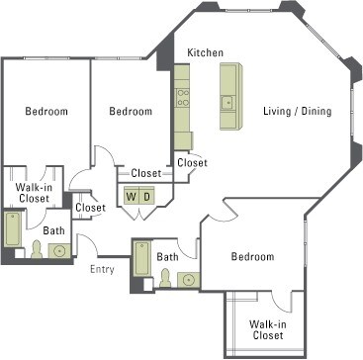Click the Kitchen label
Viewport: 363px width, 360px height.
tap(205, 52)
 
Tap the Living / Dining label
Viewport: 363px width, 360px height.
tap(297, 111)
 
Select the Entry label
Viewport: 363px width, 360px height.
tap(102, 270)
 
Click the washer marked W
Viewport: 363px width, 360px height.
tap(132, 196)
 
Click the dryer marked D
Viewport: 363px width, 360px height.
tap(146, 196)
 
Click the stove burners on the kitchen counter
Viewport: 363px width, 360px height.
tap(182, 98)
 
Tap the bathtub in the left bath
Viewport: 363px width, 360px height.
tap(13, 229)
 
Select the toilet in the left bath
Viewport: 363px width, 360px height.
tap(37, 249)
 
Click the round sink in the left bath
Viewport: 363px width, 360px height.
tap(59, 251)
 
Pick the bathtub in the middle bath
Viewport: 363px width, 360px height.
tap(142, 258)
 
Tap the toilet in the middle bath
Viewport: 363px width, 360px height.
tap(165, 278)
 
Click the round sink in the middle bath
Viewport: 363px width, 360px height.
tap(189, 280)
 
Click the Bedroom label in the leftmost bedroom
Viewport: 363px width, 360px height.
tap(46, 111)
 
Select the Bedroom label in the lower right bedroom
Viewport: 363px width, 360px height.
tap(252, 256)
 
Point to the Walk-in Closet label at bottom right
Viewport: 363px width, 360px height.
tap(268, 329)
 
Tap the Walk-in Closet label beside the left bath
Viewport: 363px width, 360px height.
tap(35, 193)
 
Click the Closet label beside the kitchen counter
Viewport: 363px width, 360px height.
tap(192, 163)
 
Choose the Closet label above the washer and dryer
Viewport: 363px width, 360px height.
tap(146, 173)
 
